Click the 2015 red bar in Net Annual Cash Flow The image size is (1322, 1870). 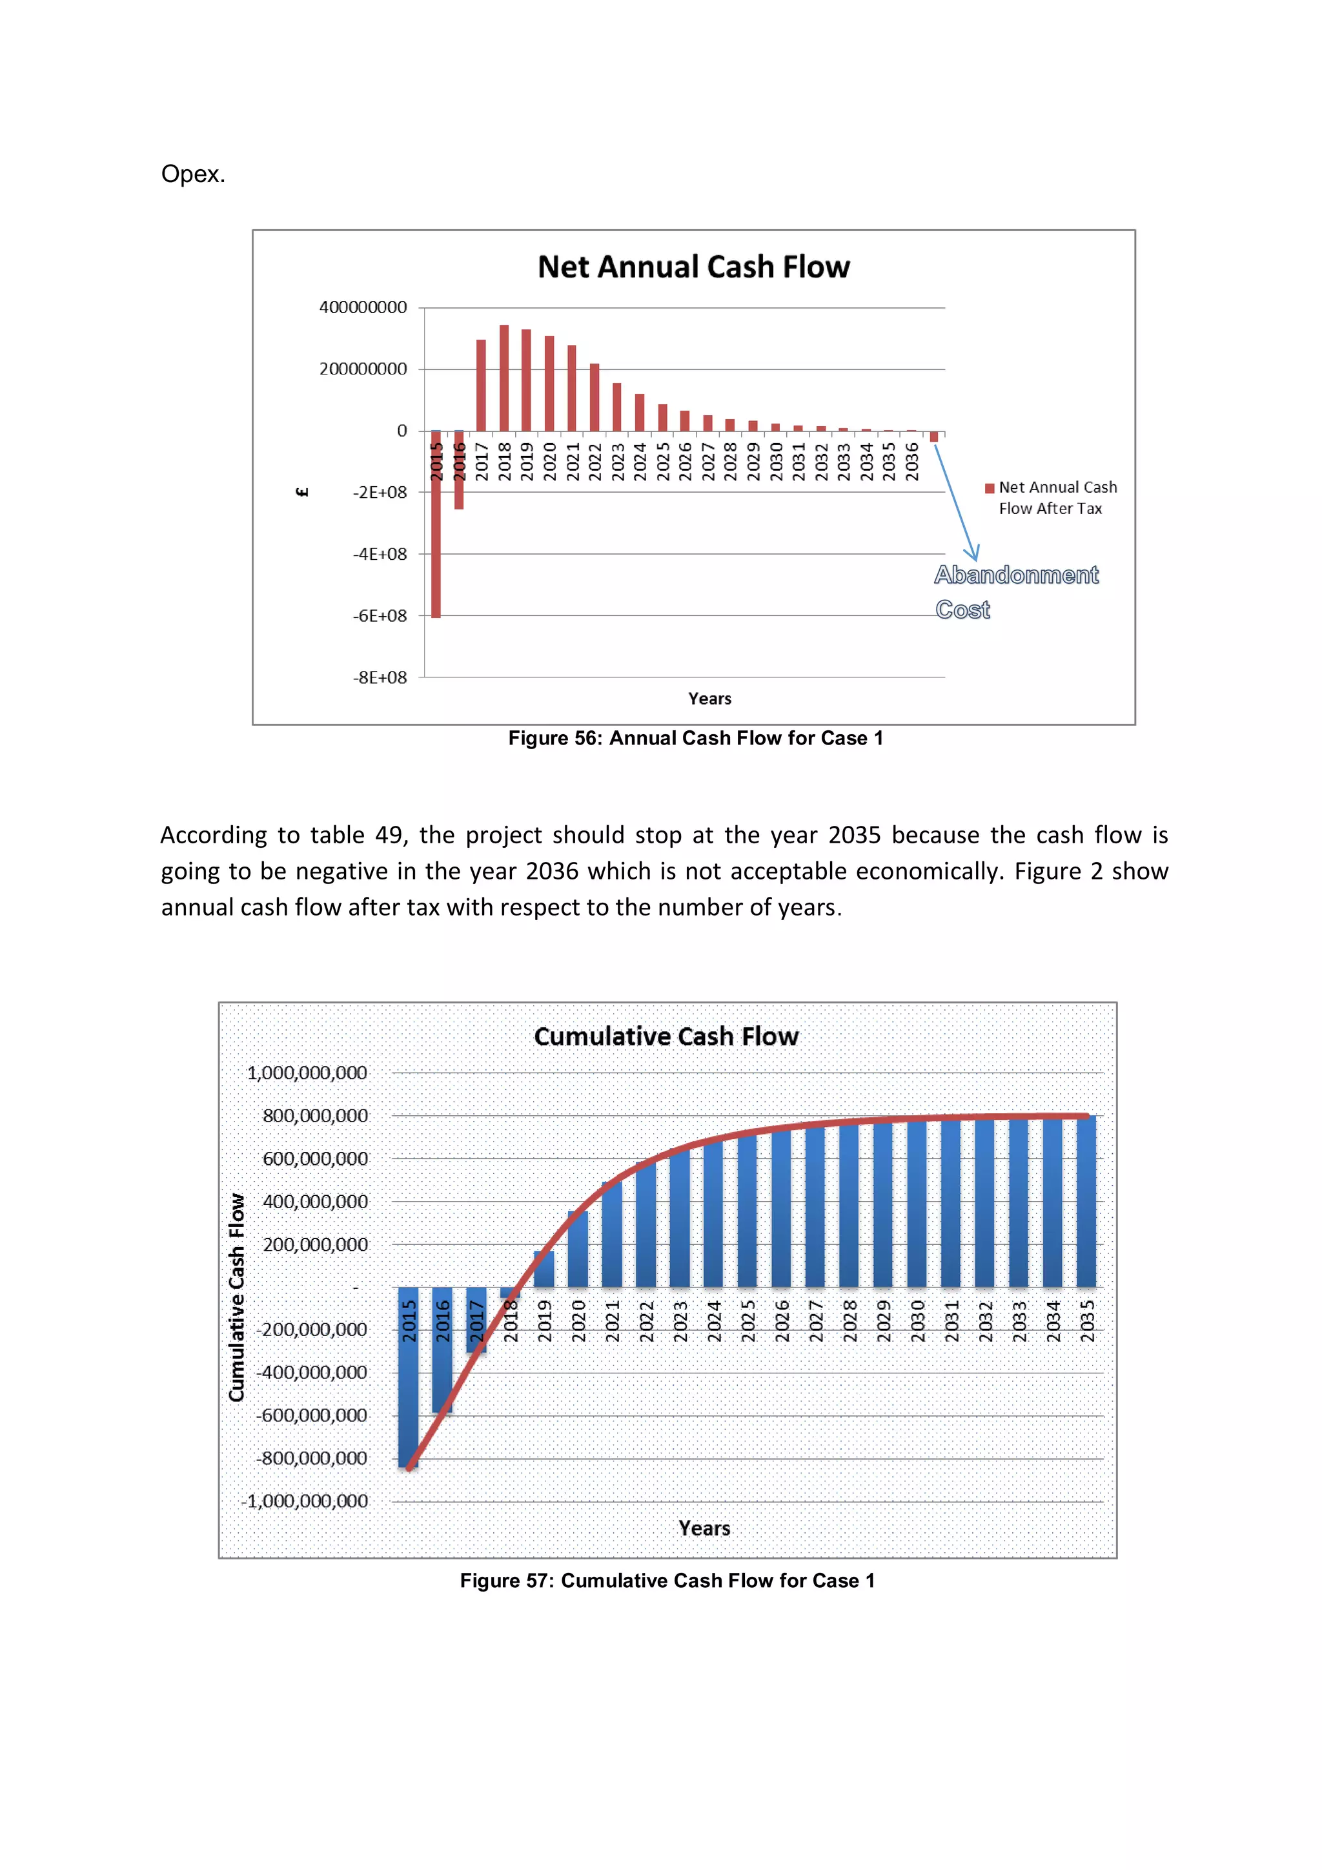pyautogui.click(x=436, y=529)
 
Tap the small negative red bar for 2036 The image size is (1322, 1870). pyautogui.click(x=933, y=437)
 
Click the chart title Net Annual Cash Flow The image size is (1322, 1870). pyautogui.click(x=693, y=267)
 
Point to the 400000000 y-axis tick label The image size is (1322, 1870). pyautogui.click(x=363, y=308)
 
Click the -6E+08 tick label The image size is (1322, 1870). pyautogui.click(x=380, y=616)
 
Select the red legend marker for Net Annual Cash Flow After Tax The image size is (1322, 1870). pyautogui.click(x=989, y=489)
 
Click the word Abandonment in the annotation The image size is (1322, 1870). pyautogui.click(x=1016, y=575)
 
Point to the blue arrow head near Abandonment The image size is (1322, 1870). pyautogui.click(x=973, y=555)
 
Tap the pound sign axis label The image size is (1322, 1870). pyautogui.click(x=302, y=492)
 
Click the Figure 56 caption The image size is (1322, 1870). pyautogui.click(x=695, y=738)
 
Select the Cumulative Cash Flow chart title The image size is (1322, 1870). pyautogui.click(x=666, y=1036)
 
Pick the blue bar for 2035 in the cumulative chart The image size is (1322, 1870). pyautogui.click(x=1086, y=1201)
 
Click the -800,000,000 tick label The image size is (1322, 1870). pyautogui.click(x=312, y=1458)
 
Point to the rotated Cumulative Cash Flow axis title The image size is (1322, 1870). pyautogui.click(x=237, y=1297)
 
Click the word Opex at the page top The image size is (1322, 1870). pyautogui.click(x=193, y=174)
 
